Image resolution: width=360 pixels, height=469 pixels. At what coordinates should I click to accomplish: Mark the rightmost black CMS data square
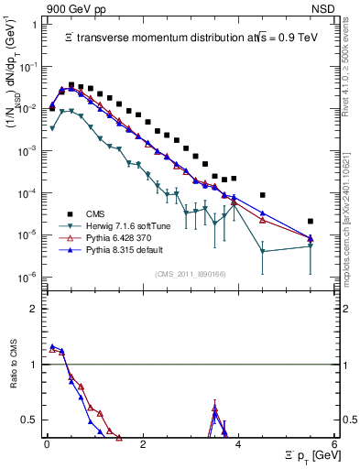tap(311, 221)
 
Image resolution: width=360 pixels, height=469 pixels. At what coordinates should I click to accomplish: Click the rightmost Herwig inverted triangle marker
tap(311, 245)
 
